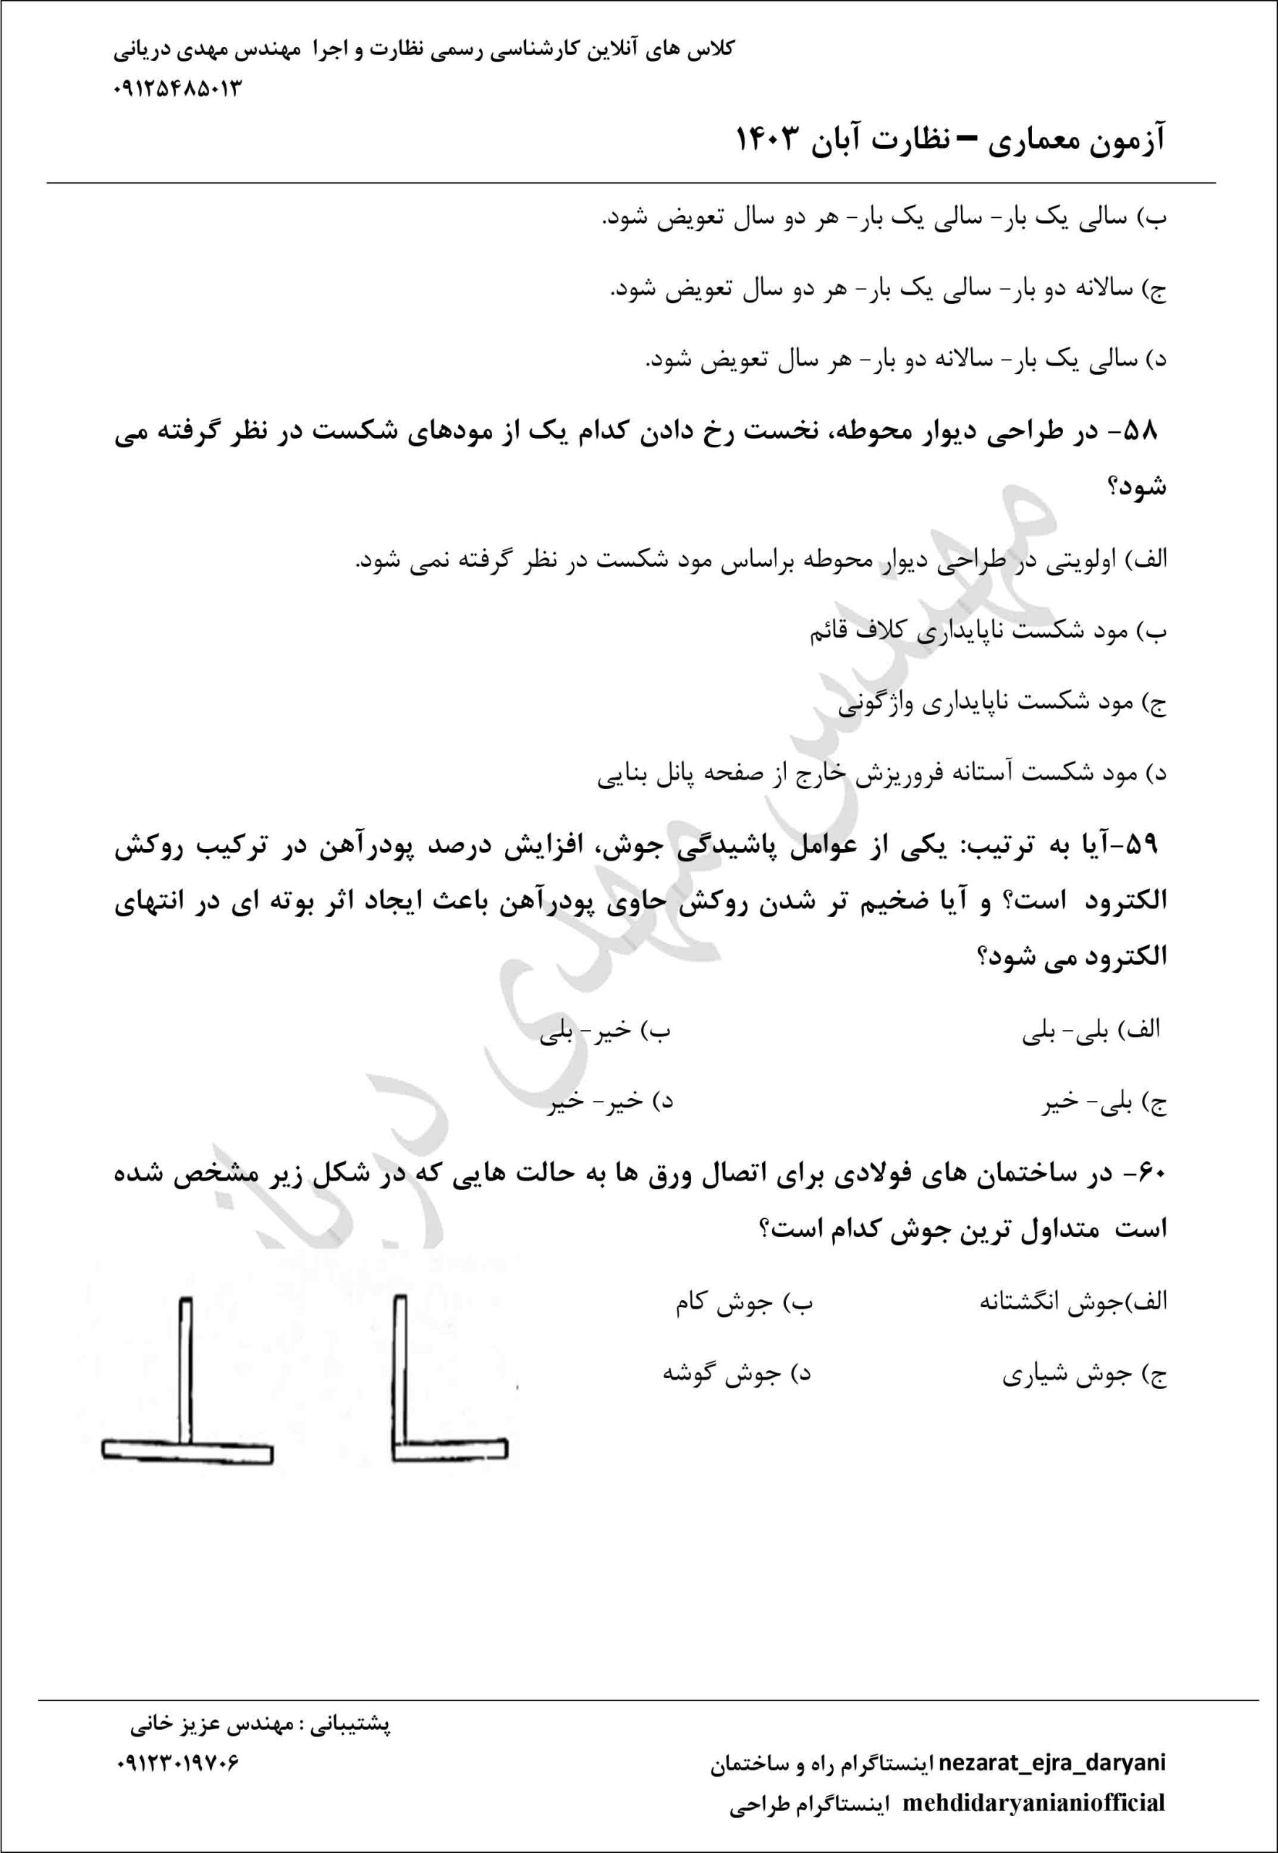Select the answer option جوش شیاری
pyautogui.click(x=1084, y=1376)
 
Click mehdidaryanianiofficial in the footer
pyautogui.click(x=1034, y=1803)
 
